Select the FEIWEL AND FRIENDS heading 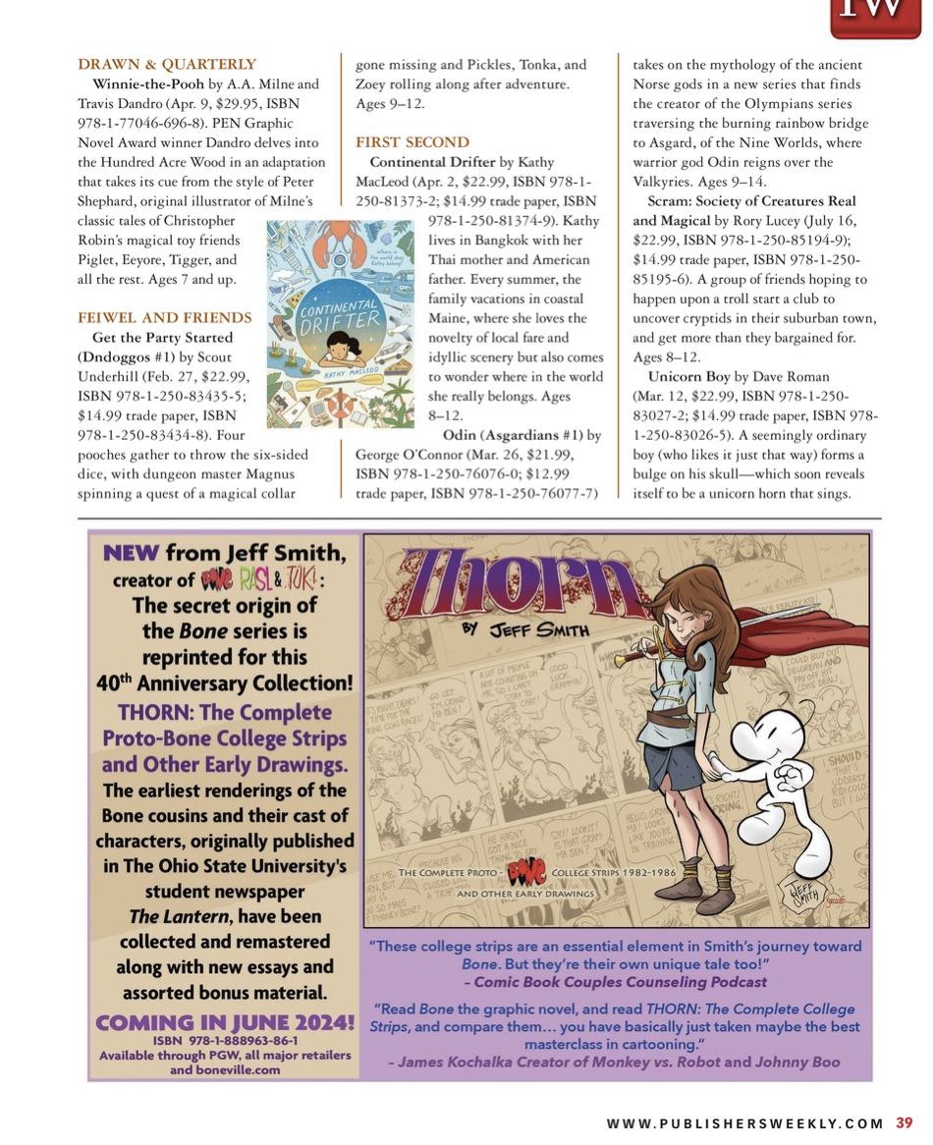click(x=165, y=317)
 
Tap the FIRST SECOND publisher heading click(x=412, y=142)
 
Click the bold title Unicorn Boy click(x=689, y=376)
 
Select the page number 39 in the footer click(x=905, y=1123)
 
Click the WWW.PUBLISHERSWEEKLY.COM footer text click(x=745, y=1124)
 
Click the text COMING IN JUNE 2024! click(x=225, y=1023)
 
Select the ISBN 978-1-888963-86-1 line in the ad click(x=225, y=1040)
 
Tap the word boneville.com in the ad click(x=236, y=1069)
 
